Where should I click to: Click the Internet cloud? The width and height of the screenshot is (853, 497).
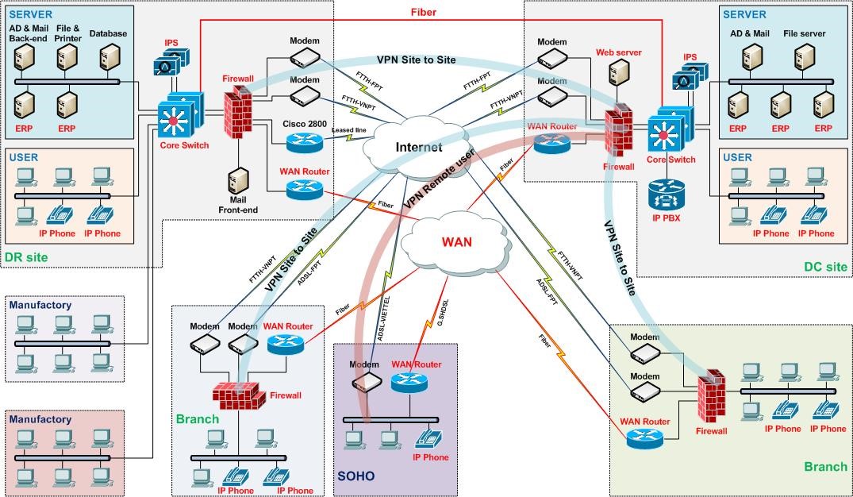pyautogui.click(x=418, y=148)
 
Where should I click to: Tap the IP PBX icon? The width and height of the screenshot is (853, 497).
pyautogui.click(x=665, y=193)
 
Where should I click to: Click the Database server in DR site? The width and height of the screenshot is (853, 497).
pyautogui.click(x=109, y=57)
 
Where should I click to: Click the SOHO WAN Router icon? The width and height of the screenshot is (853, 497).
pyautogui.click(x=409, y=383)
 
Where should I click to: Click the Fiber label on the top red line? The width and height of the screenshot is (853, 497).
pyautogui.click(x=423, y=12)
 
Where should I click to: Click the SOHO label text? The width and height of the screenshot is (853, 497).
pyautogui.click(x=355, y=476)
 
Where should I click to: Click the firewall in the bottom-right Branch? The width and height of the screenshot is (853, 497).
pyautogui.click(x=712, y=399)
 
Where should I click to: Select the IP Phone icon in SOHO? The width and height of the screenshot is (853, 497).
pyautogui.click(x=430, y=438)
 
